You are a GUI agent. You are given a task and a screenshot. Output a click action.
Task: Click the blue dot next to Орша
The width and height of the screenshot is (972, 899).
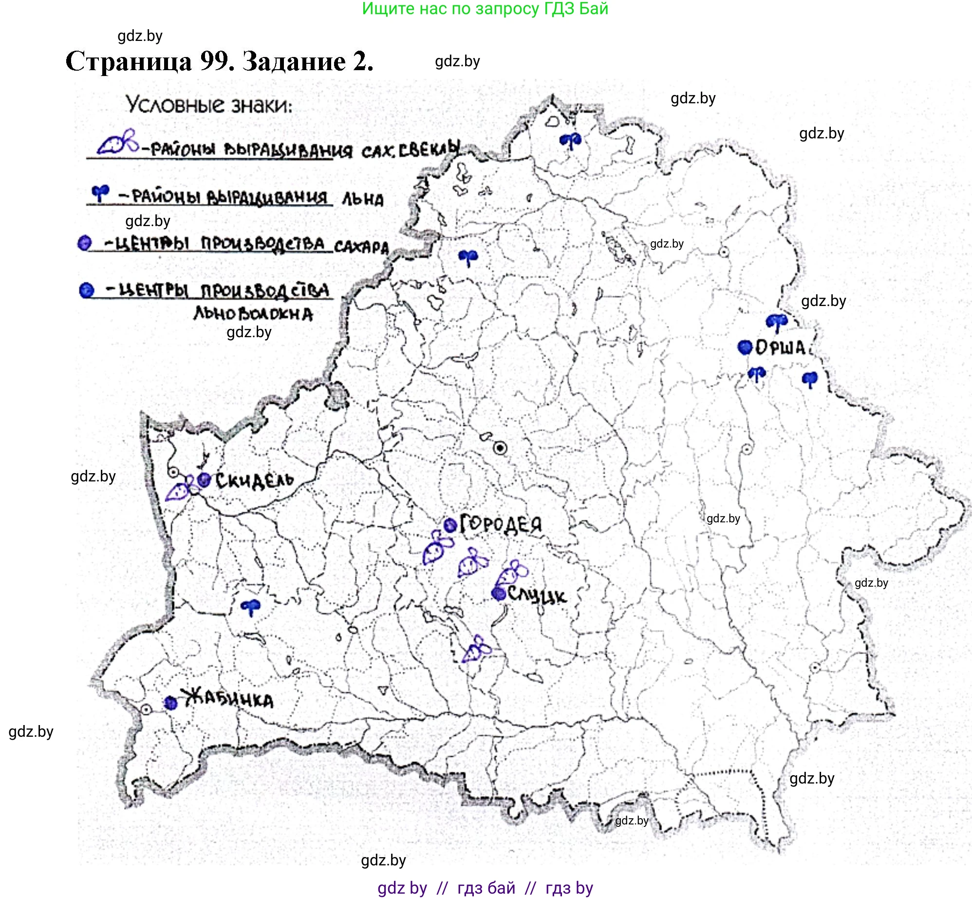pos(745,347)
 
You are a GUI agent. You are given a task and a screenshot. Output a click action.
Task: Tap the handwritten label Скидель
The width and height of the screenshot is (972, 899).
pos(254,481)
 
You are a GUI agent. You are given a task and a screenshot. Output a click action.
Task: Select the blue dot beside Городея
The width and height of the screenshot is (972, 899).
pos(450,525)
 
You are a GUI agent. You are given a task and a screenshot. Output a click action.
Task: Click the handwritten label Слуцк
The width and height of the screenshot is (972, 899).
pos(537,595)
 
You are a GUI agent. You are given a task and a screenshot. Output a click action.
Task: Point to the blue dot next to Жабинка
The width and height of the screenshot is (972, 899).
pos(170,703)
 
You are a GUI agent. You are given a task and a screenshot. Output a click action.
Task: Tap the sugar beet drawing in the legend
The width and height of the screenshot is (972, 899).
pos(117,142)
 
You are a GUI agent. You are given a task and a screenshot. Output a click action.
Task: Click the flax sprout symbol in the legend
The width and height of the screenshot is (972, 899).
pos(100,193)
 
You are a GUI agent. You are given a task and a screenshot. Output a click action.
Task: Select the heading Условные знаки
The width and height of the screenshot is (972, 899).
pos(209,105)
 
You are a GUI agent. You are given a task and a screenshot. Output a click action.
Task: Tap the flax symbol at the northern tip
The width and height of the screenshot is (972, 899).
pos(570,141)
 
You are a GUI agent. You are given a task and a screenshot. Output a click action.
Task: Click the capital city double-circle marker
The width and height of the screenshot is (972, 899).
pos(500,448)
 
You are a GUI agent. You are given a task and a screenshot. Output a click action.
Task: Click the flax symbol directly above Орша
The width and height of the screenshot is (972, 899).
pos(776,322)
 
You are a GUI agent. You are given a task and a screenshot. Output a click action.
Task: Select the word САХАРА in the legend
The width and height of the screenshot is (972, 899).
pos(361,247)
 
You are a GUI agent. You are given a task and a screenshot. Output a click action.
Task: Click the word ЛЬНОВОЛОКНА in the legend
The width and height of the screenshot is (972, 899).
pos(253,313)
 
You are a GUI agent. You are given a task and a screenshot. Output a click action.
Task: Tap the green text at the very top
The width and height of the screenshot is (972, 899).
pos(485,9)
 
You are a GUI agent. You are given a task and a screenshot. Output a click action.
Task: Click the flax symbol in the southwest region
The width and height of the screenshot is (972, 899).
pos(251,607)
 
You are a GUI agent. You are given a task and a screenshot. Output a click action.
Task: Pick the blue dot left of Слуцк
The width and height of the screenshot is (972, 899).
pos(498,593)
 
